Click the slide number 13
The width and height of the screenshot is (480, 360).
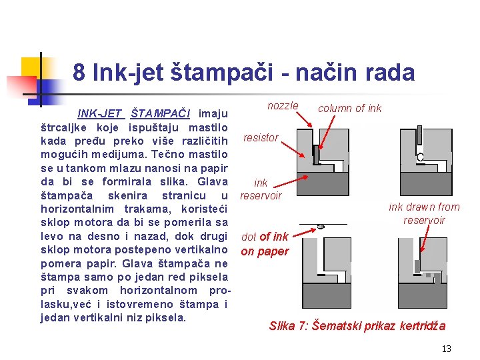pos(446,349)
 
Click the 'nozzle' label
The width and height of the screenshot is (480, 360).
pos(283,105)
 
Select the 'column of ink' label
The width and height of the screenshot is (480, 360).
pos(349,108)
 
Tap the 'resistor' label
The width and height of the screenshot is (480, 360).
pos(261,138)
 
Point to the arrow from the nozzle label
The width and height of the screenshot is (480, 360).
pos(304,119)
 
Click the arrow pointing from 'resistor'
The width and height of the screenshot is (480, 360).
pos(293,149)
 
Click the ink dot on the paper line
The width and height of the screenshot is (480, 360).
pos(321,227)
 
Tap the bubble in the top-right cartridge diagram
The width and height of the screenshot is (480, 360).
pos(420,157)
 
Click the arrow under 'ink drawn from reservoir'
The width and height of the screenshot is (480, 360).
pos(425,239)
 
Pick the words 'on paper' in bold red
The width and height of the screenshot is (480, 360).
pos(265,251)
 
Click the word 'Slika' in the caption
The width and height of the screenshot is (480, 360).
pos(282,326)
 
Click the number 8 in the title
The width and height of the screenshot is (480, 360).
pos(79,72)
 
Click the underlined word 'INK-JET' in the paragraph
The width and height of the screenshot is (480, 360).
pos(101,113)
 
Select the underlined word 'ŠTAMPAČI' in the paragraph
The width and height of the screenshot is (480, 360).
pos(161,113)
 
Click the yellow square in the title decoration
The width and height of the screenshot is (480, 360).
pos(31,67)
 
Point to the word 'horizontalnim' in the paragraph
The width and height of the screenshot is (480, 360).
pos(77,209)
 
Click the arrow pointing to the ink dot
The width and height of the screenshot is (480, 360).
pos(304,233)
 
